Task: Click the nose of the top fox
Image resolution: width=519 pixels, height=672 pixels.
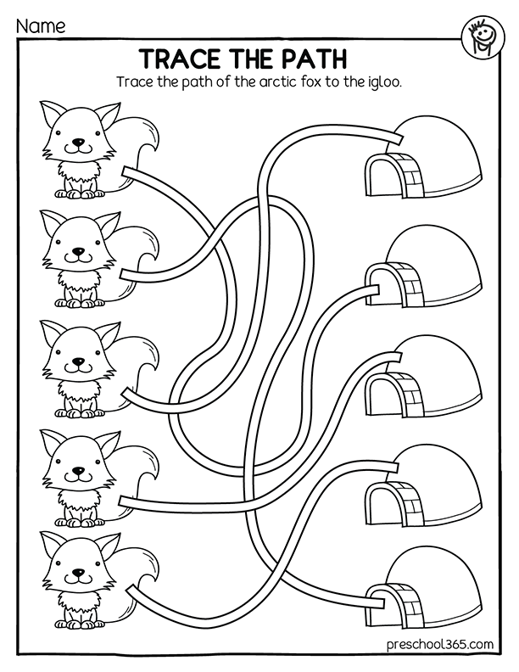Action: click(78, 143)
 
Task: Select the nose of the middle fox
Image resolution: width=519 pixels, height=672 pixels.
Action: click(78, 361)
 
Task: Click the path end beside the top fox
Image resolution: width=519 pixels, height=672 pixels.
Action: click(128, 172)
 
